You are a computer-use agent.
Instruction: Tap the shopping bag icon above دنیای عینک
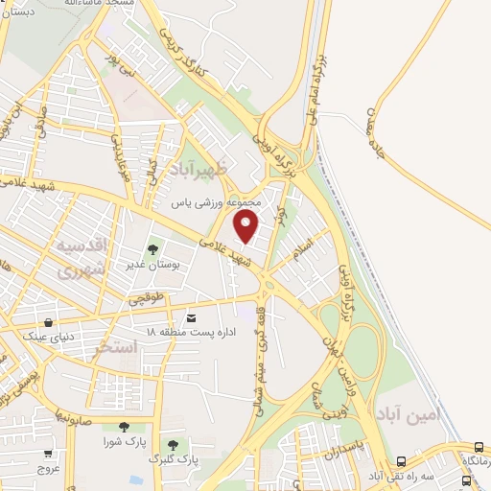[x=48, y=322]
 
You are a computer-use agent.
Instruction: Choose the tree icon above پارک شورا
[x=123, y=427]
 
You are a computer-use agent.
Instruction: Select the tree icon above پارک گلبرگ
[x=173, y=445]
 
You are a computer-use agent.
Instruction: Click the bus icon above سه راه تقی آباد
[x=479, y=447]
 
